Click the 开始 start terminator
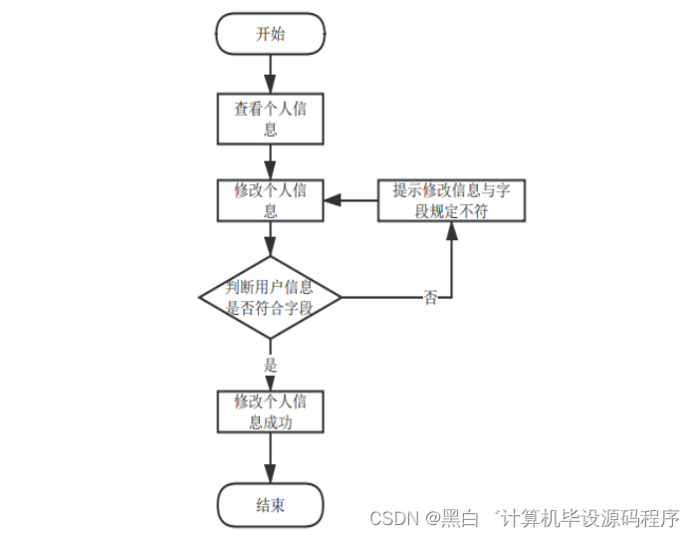coord(270,34)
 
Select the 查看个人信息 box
coord(270,119)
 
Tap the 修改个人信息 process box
coord(270,200)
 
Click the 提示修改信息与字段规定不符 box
coord(451,200)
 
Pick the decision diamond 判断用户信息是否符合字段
coord(270,297)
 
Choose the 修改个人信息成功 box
coord(270,411)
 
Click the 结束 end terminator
coord(270,505)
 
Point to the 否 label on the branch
coord(430,298)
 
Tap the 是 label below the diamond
coord(270,365)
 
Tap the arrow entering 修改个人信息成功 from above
coord(270,382)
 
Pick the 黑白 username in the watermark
coord(459,518)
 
